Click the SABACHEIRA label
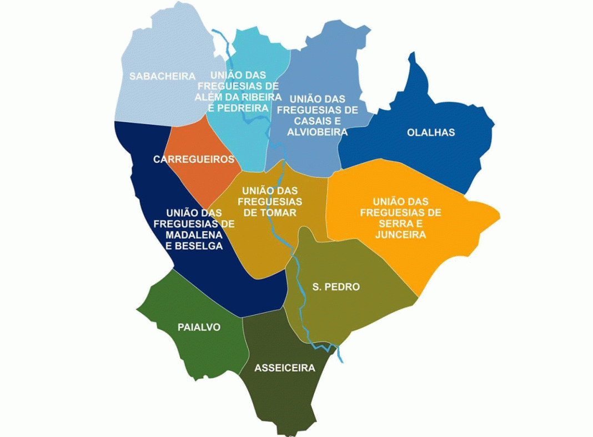pyautogui.click(x=162, y=76)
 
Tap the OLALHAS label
pyautogui.click(x=430, y=132)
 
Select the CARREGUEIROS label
pyautogui.click(x=194, y=159)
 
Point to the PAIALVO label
pyautogui.click(x=199, y=327)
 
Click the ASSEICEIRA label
pyautogui.click(x=284, y=368)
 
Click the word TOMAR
pyautogui.click(x=280, y=212)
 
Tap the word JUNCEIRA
pyautogui.click(x=400, y=234)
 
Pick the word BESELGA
pyautogui.click(x=198, y=245)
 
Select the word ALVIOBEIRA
pyautogui.click(x=317, y=132)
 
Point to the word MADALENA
pyautogui.click(x=194, y=234)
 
